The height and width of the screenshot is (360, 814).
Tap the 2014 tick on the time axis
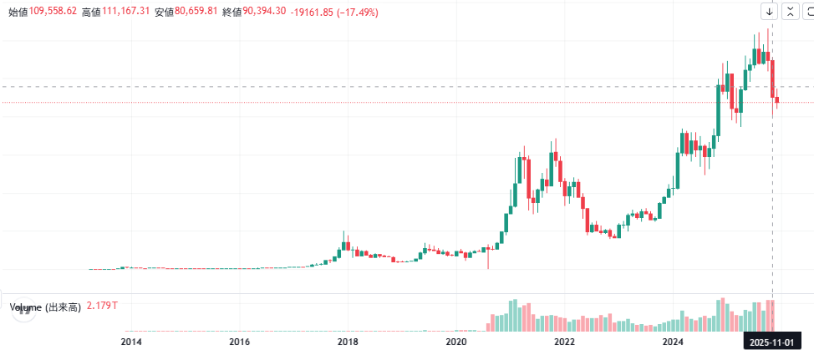coord(131,342)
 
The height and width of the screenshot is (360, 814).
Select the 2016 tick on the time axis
coord(240,342)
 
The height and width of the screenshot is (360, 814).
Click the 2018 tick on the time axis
coord(348,342)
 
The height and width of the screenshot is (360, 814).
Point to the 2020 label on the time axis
coord(456,342)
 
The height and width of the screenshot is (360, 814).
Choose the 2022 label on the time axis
coord(565,342)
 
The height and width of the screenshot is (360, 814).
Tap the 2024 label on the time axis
coord(673,342)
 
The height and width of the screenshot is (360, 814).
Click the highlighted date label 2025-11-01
coord(771,342)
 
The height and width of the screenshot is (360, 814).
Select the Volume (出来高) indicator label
coord(45,307)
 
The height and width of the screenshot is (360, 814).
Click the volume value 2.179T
coord(102,307)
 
